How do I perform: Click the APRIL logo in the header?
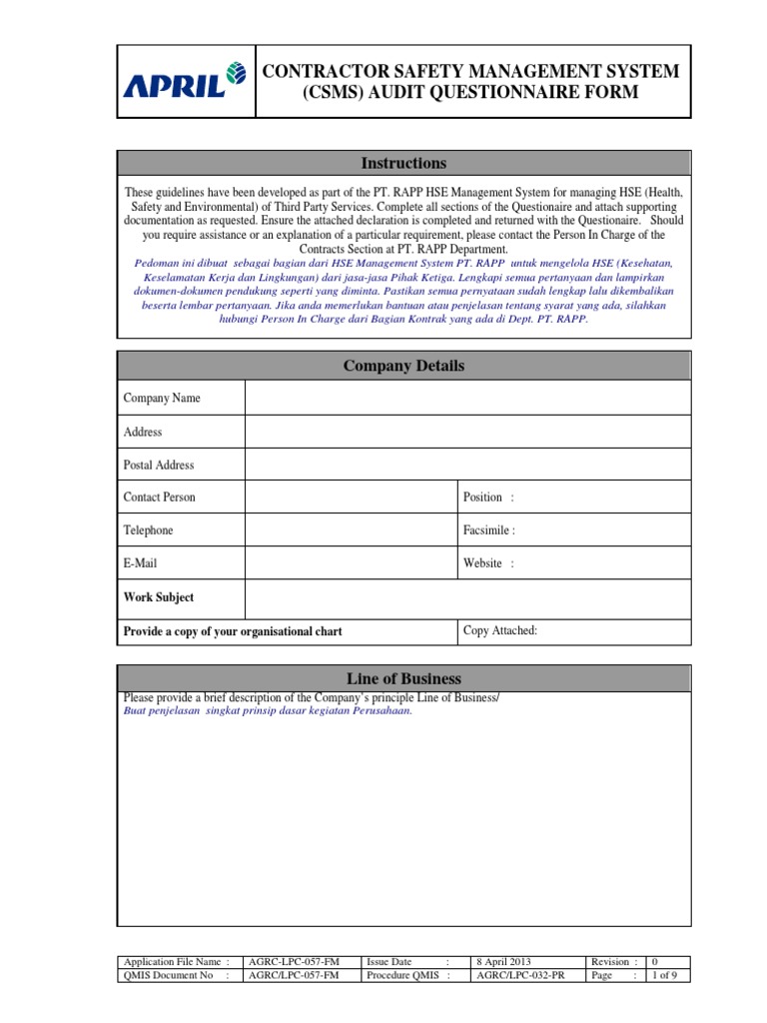pos(186,82)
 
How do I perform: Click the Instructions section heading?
pos(403,163)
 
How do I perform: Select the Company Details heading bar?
pos(403,366)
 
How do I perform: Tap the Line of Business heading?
pos(403,678)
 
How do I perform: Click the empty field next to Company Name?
pos(466,398)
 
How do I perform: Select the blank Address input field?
pos(466,432)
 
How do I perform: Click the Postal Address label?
pos(159,465)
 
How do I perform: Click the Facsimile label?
pos(489,530)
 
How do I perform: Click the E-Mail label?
pos(140,563)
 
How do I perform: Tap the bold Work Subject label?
pos(159,597)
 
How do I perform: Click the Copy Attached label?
pos(500,630)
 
